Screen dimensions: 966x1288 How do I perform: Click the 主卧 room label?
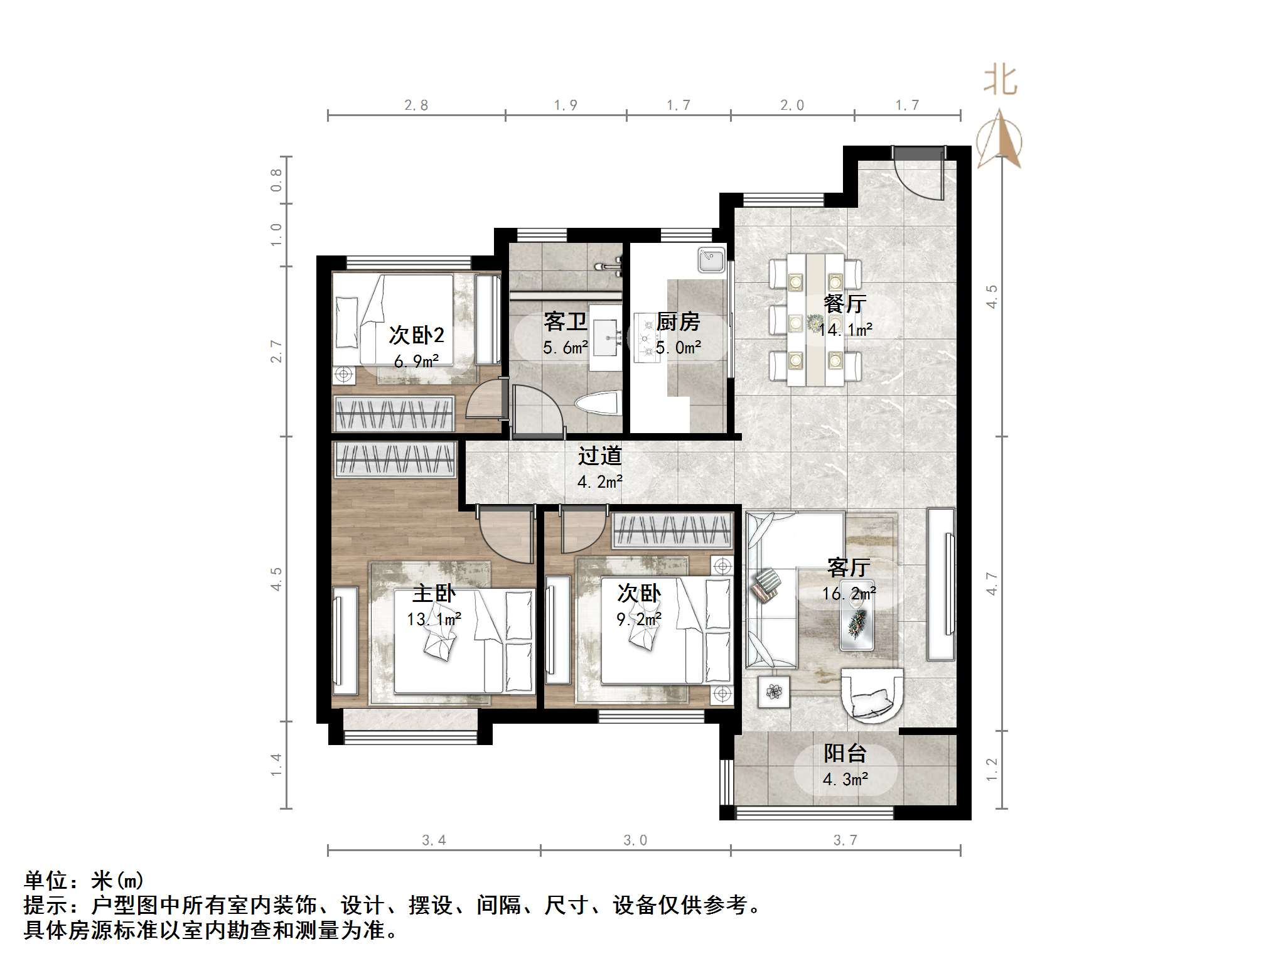click(433, 593)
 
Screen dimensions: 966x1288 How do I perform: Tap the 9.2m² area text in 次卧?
click(639, 620)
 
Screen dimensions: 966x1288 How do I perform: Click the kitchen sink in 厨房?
click(711, 259)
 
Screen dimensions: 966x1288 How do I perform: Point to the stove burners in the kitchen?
click(645, 339)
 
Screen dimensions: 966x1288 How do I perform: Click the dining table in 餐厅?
click(815, 320)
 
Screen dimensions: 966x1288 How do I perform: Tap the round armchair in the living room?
click(872, 693)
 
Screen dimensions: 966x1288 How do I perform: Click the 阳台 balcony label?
click(845, 753)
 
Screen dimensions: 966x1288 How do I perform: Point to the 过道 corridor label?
click(599, 456)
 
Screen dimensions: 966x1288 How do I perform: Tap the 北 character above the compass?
click(1000, 82)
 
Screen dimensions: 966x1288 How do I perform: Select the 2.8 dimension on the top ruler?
click(416, 105)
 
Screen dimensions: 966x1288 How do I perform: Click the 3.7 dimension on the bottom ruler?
click(845, 840)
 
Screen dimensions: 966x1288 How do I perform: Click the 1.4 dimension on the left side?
click(277, 765)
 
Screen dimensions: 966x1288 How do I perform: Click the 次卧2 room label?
click(416, 335)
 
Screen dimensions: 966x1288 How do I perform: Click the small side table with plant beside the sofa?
click(774, 692)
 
